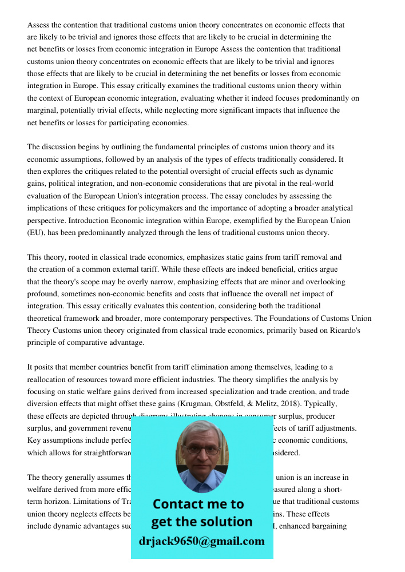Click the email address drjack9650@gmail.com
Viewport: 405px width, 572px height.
click(x=201, y=541)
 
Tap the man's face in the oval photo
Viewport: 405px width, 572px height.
click(x=202, y=452)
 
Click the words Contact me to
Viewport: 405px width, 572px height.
click(x=198, y=504)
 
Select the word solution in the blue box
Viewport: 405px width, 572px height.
click(x=228, y=522)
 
